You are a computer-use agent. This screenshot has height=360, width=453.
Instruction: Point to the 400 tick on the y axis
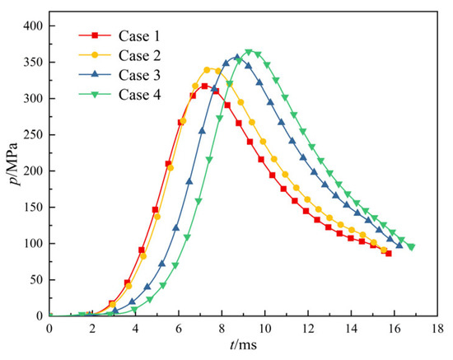[x=32, y=26]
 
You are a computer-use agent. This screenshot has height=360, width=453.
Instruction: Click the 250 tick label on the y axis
[x=32, y=135]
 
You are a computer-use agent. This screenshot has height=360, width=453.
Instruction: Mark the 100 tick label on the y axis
[x=32, y=244]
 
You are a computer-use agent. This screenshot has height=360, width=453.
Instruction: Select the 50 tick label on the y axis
[x=35, y=280]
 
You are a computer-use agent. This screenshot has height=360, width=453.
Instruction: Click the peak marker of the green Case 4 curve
[x=249, y=53]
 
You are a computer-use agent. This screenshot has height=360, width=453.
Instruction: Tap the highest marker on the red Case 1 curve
[x=204, y=86]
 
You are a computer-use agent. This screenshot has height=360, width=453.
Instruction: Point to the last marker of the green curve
[x=411, y=247]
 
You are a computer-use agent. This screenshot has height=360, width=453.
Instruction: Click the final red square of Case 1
[x=388, y=254]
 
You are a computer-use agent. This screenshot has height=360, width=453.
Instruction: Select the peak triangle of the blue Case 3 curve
[x=237, y=58]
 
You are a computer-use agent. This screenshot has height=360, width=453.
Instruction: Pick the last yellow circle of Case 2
[x=384, y=250]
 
